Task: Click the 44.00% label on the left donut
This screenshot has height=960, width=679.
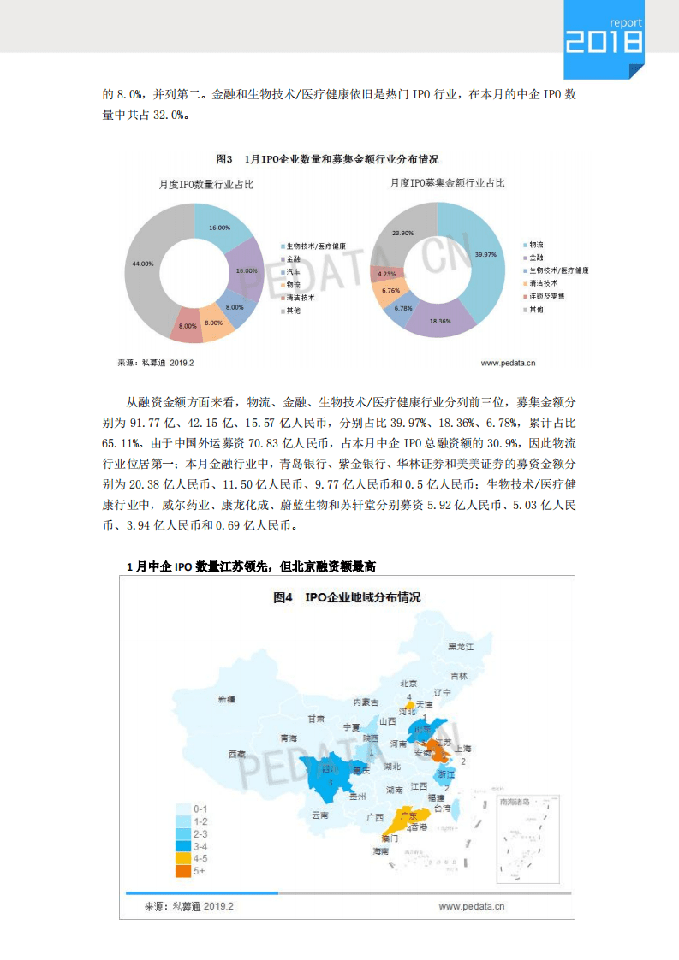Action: pyautogui.click(x=143, y=264)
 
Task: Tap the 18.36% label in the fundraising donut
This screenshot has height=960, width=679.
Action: pyautogui.click(x=440, y=321)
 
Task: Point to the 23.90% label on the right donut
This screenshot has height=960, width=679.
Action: pyautogui.click(x=402, y=233)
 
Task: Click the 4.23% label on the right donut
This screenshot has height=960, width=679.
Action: pyautogui.click(x=386, y=274)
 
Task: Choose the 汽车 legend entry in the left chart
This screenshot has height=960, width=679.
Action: pyautogui.click(x=293, y=271)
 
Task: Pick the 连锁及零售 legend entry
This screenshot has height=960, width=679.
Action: pyautogui.click(x=546, y=295)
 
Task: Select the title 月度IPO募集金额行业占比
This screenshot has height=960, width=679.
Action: pyautogui.click(x=447, y=183)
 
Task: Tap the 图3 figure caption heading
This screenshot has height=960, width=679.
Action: pyautogui.click(x=327, y=159)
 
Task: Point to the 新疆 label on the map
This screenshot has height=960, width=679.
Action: pyautogui.click(x=226, y=699)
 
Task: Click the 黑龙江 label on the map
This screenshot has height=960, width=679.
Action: pyautogui.click(x=461, y=647)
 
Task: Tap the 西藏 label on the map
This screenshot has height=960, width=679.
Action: pyautogui.click(x=236, y=754)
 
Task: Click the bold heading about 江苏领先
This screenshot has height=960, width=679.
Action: pyautogui.click(x=251, y=566)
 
